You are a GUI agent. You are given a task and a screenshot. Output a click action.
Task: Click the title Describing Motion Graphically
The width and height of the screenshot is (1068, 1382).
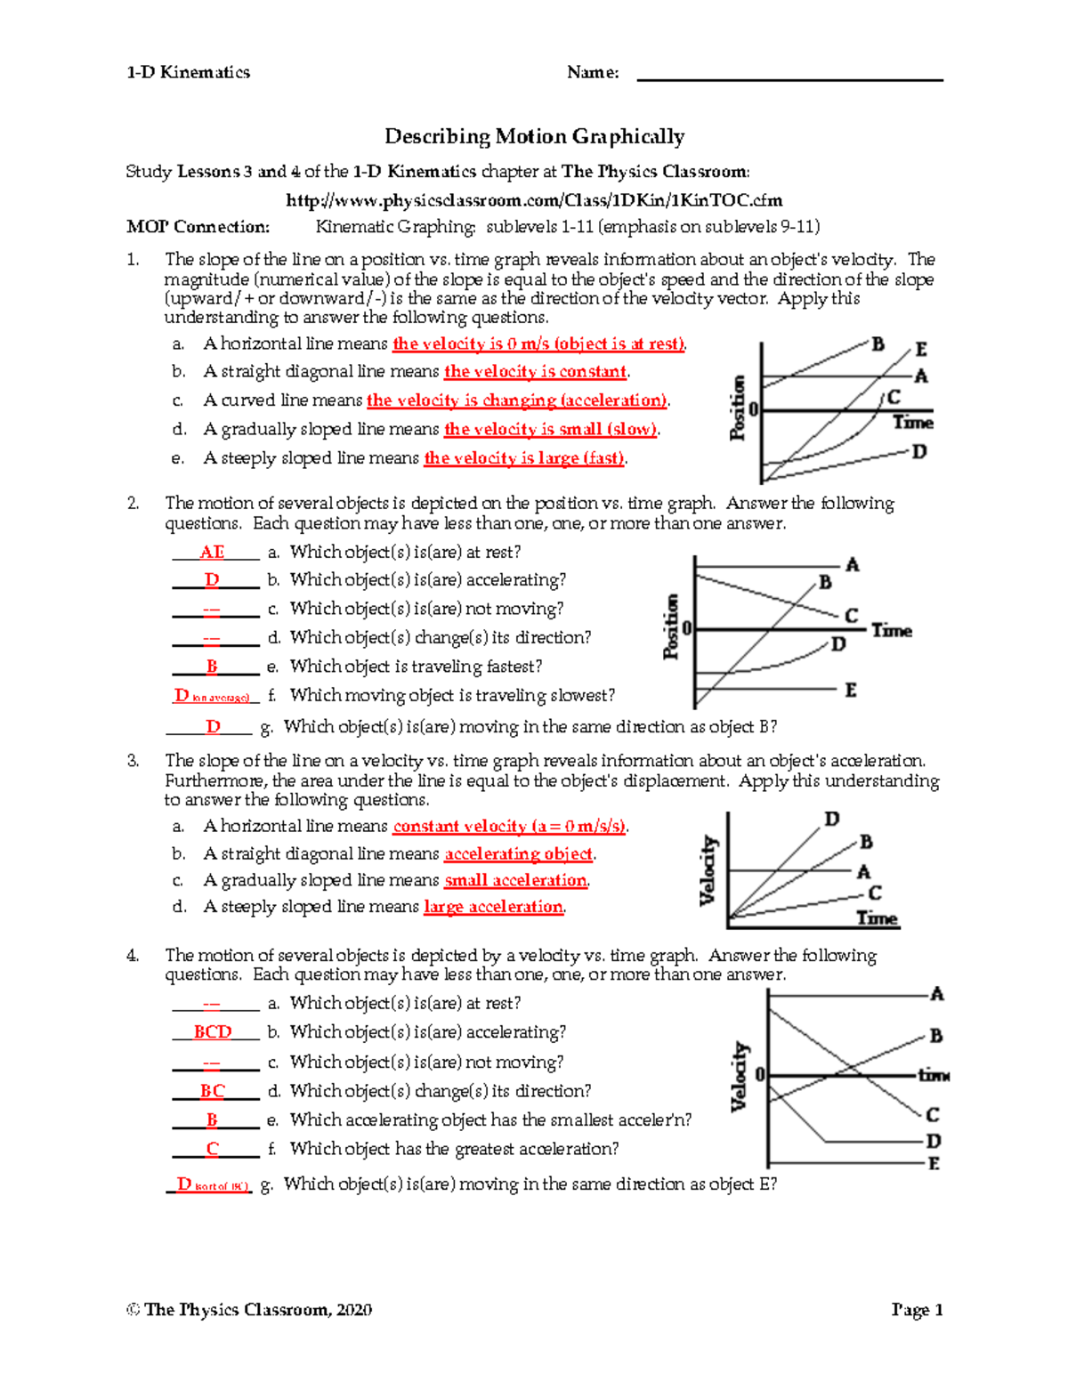click(534, 136)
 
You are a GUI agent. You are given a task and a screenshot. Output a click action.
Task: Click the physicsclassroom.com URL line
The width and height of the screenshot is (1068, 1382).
click(534, 200)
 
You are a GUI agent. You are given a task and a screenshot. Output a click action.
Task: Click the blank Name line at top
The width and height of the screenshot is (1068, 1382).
click(789, 75)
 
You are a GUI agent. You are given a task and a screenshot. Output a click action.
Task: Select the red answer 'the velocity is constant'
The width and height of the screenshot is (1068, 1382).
click(535, 372)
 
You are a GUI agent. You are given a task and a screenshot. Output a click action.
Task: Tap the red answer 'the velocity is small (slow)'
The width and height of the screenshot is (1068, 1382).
click(550, 430)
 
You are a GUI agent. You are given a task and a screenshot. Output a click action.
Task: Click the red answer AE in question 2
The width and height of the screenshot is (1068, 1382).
click(212, 553)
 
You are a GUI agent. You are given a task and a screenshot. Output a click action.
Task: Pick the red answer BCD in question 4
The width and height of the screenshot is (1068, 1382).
click(213, 1032)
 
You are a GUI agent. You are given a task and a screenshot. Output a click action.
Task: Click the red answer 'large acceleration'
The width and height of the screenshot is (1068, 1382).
click(493, 907)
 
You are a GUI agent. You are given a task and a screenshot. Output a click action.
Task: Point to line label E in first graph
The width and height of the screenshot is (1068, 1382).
click(921, 350)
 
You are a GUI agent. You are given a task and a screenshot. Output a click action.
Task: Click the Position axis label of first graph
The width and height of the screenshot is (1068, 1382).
click(737, 408)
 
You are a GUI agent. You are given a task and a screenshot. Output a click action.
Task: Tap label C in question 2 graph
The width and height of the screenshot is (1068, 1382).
click(851, 616)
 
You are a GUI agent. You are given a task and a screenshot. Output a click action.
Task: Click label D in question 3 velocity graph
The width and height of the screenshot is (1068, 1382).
click(831, 819)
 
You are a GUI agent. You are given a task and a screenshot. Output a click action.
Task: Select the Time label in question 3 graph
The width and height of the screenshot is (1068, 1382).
click(877, 918)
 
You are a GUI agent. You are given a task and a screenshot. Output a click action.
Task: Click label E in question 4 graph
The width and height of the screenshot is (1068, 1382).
click(934, 1164)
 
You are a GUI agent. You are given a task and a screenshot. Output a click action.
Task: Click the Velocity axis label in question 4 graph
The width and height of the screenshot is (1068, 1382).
click(739, 1077)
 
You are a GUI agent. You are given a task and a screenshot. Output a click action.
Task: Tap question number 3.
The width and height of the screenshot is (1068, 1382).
click(133, 761)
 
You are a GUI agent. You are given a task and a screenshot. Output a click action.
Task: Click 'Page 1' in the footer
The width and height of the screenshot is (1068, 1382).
click(917, 1310)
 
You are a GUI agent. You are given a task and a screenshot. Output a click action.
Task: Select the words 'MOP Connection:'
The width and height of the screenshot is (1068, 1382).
click(198, 227)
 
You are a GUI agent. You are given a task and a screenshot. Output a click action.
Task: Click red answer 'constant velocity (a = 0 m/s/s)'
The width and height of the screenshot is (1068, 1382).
click(509, 827)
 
